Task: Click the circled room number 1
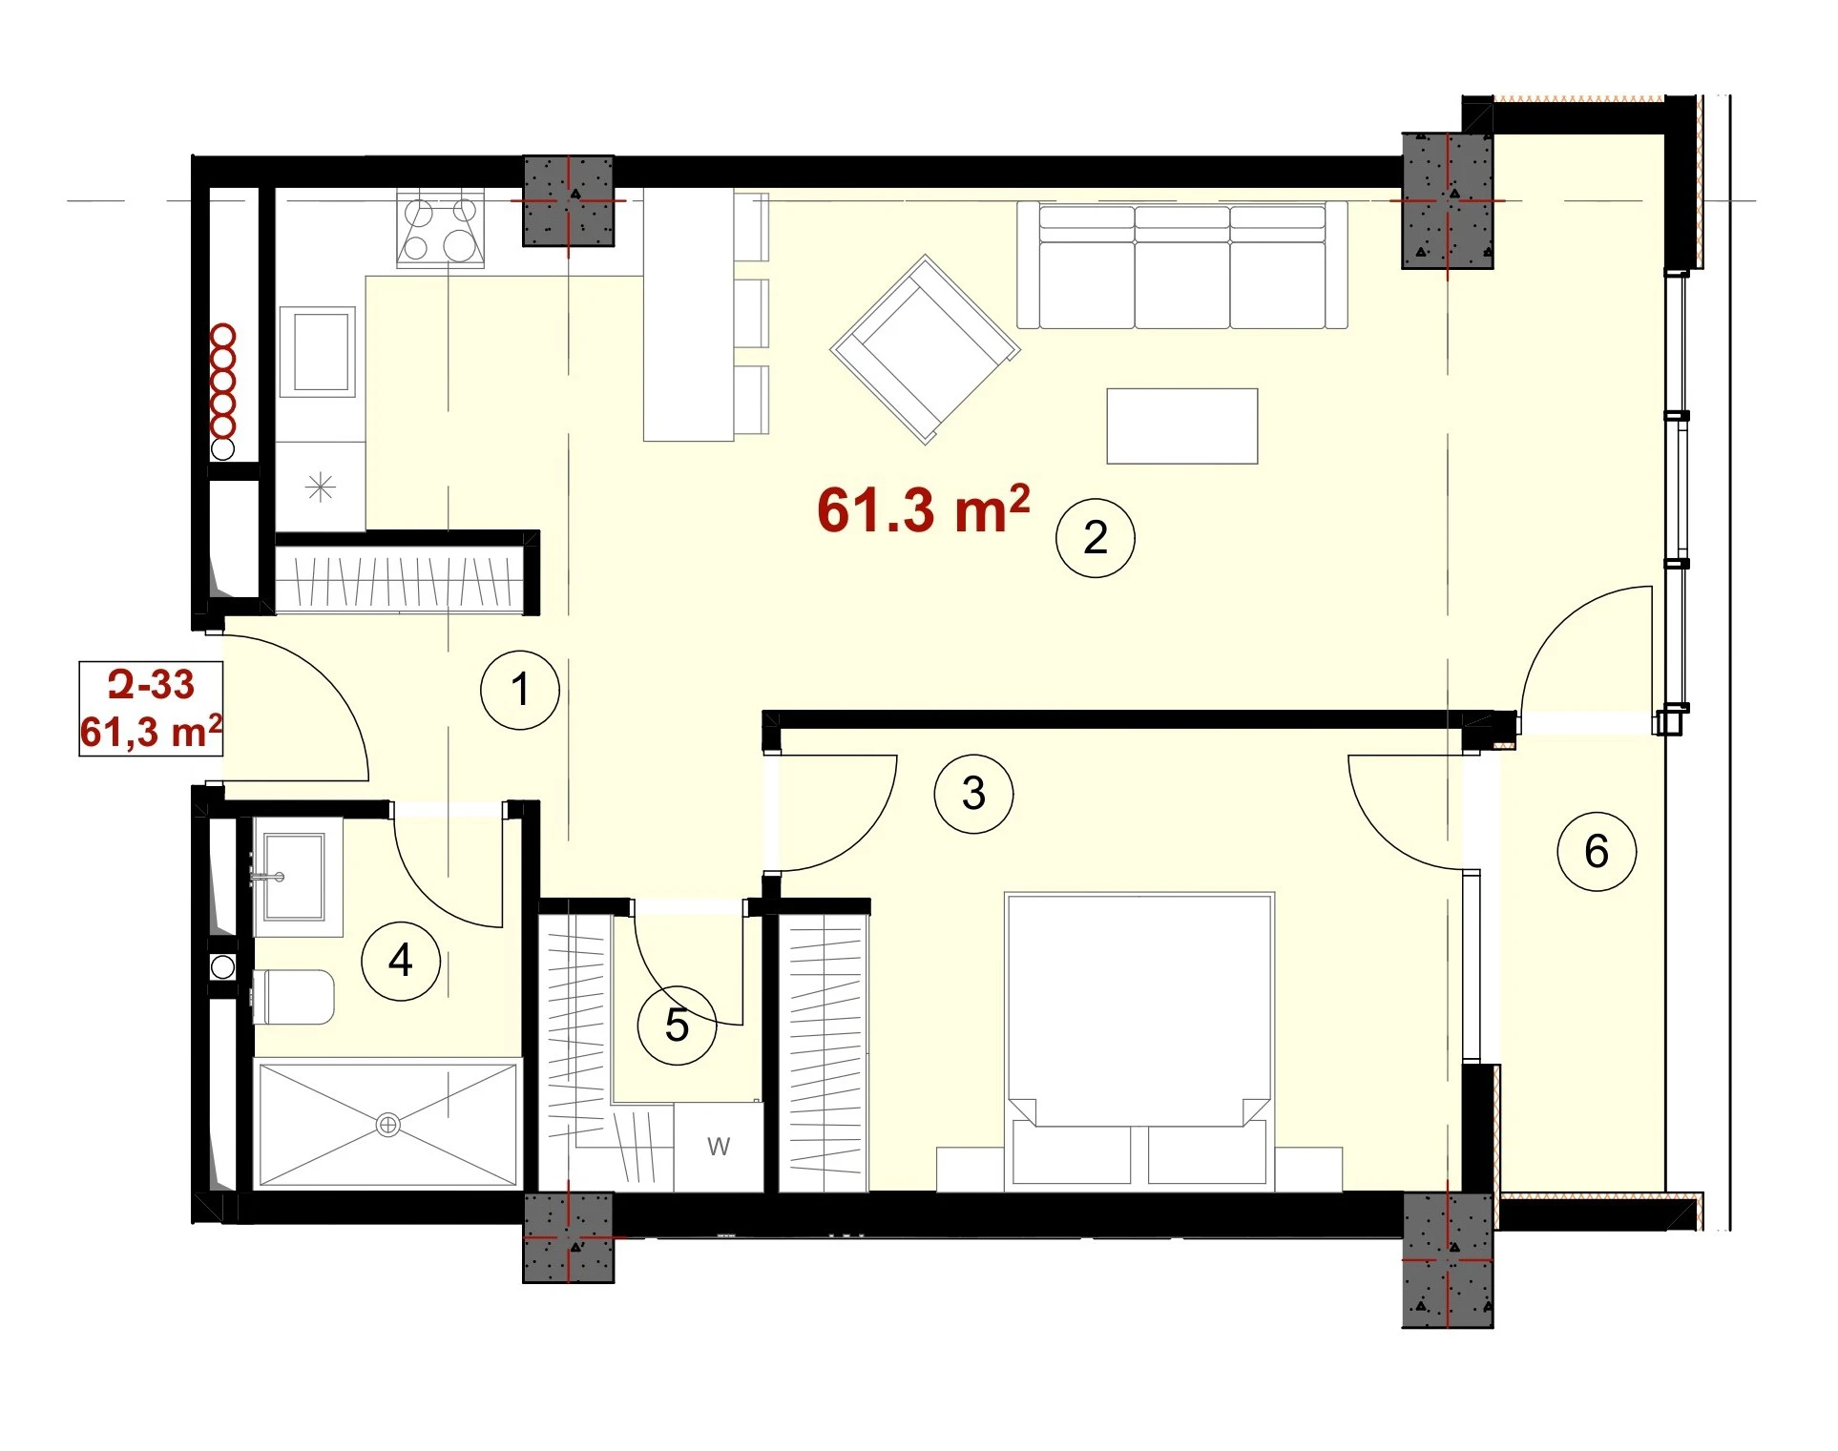520,690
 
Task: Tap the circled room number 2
1096,537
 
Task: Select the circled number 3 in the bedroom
973,793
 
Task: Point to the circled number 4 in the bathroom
401,960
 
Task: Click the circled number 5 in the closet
677,1026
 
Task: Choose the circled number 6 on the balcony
1597,851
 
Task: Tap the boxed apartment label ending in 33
151,709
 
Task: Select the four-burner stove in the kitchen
441,228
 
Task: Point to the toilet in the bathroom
293,997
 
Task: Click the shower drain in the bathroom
388,1125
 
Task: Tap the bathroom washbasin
296,876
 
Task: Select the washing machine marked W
719,1147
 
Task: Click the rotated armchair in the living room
925,349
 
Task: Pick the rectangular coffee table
1182,425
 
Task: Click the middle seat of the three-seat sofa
1182,266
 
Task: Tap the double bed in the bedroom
1139,1041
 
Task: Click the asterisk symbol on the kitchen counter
321,487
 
